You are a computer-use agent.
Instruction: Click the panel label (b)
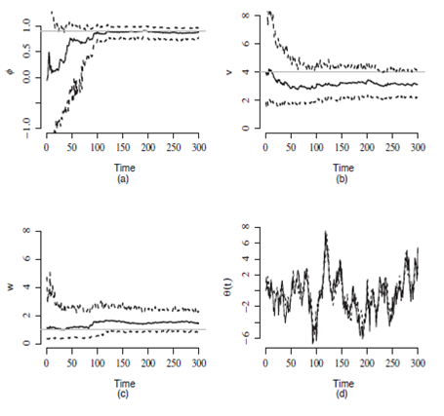pos(342,180)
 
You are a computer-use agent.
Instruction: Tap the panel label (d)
pos(342,397)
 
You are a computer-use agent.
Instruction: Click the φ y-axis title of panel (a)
pos(10,70)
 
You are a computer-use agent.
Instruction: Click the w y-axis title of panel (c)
pos(10,287)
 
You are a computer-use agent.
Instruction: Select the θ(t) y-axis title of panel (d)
pos(230,287)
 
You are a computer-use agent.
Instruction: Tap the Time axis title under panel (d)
pos(342,383)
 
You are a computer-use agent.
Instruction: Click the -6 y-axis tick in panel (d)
pos(246,334)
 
